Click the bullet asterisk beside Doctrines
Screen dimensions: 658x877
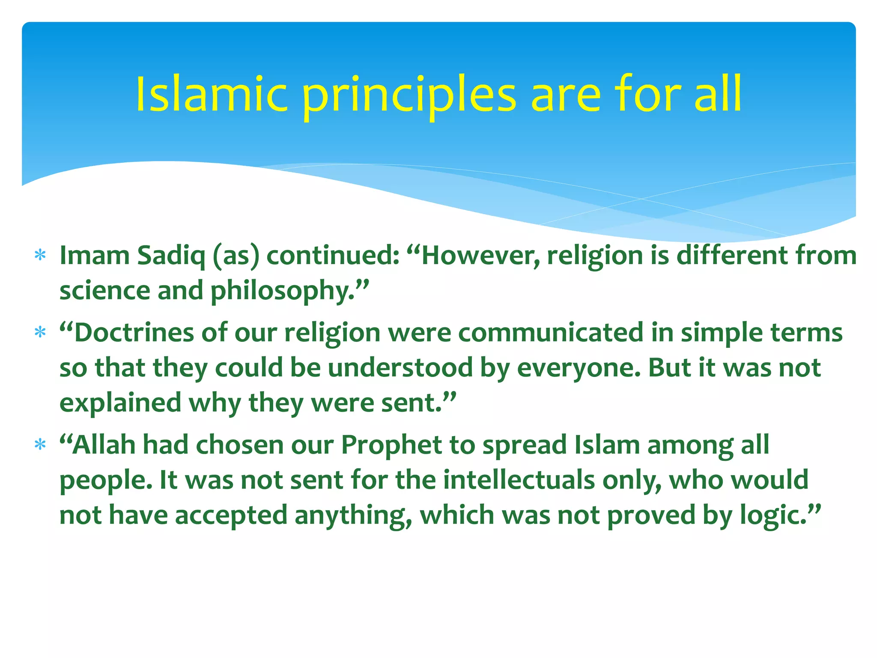tap(40, 332)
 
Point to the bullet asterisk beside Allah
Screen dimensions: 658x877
tap(40, 445)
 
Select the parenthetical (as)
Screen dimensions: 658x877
tap(236, 256)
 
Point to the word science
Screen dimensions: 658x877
tap(105, 291)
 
